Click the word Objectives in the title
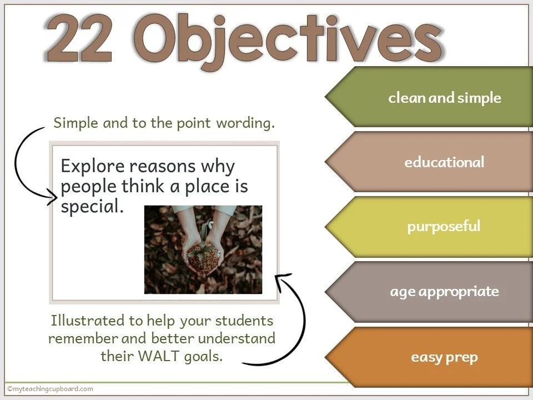pos(289,40)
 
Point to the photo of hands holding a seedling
pos(203,249)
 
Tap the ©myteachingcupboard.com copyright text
pos(50,389)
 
